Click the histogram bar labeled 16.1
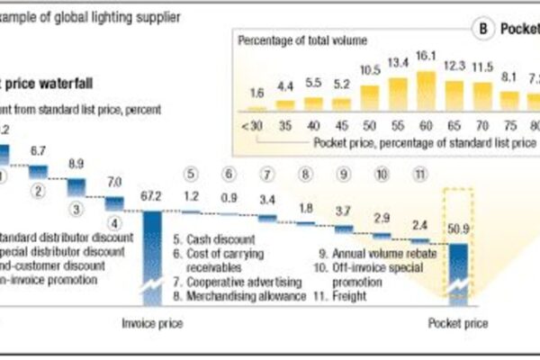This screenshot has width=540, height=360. point(427,89)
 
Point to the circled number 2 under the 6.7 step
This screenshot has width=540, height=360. point(38,191)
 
